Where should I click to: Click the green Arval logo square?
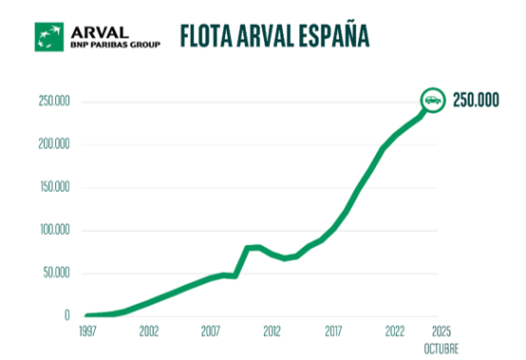click(48, 36)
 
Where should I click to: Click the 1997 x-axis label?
click(87, 332)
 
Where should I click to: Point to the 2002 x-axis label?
click(148, 332)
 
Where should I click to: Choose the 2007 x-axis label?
click(211, 332)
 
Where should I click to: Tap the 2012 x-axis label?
click(272, 332)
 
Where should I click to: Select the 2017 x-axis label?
click(334, 332)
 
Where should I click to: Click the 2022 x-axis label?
click(396, 332)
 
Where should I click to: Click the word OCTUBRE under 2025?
click(441, 349)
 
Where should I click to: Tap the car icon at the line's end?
click(432, 101)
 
